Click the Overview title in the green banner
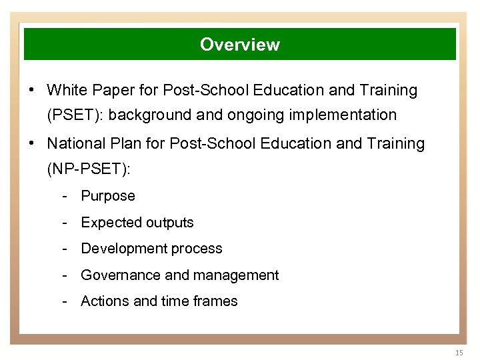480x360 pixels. pyautogui.click(x=240, y=45)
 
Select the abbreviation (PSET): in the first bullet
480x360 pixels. pyautogui.click(x=75, y=115)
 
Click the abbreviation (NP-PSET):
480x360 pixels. pyautogui.click(x=89, y=169)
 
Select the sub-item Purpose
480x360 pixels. pyautogui.click(x=108, y=196)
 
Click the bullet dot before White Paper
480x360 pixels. pyautogui.click(x=32, y=90)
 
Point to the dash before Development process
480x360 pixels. pyautogui.click(x=65, y=249)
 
